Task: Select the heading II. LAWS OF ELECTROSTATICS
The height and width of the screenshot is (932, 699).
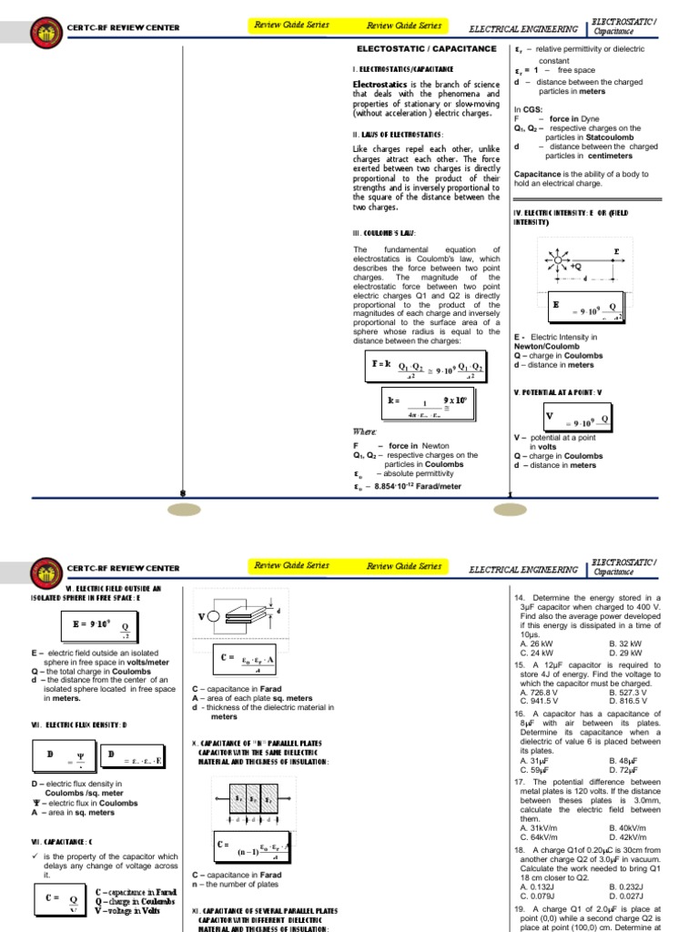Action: [398, 135]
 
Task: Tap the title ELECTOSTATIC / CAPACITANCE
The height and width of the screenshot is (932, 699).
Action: [425, 48]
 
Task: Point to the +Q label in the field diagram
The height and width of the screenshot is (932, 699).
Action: [575, 266]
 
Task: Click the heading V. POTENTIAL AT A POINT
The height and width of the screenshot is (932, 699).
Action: [558, 391]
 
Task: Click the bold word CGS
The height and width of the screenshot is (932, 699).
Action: [532, 109]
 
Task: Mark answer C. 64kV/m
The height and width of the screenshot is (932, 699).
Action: [537, 836]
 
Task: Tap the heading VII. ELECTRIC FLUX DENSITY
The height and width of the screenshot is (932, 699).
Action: [79, 724]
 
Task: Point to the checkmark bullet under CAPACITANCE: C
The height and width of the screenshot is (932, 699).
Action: [35, 856]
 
